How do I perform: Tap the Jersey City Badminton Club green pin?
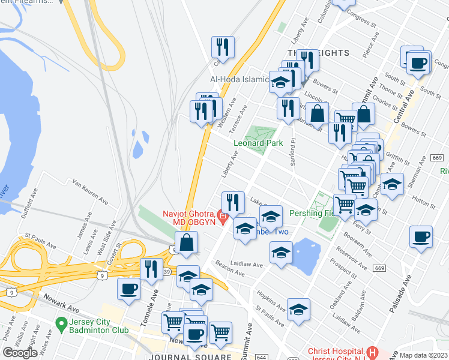[60, 325]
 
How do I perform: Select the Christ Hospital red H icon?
[372, 352]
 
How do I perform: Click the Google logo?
[20, 352]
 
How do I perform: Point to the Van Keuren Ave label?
[89, 191]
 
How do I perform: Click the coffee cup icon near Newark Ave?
[128, 289]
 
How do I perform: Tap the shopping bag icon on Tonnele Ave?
[187, 242]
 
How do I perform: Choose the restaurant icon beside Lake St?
[233, 202]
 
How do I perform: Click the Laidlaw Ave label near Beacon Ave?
[247, 264]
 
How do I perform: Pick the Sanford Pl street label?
[294, 152]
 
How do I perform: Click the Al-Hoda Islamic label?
[238, 79]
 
